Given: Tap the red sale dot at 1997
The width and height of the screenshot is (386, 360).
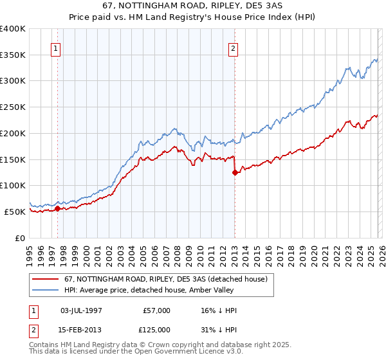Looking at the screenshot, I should (x=58, y=208).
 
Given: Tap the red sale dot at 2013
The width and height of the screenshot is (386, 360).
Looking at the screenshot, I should (x=235, y=172).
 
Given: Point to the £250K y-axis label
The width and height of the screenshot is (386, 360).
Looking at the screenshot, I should (x=13, y=107).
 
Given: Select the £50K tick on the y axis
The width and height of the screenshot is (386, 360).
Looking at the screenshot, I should (x=15, y=212).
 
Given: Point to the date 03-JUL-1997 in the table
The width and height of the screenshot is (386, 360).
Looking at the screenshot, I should (x=81, y=310).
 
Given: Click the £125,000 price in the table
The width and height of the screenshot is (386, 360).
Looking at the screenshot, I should (x=156, y=329).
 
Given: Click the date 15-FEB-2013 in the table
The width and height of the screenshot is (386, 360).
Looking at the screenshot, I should (x=81, y=329).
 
